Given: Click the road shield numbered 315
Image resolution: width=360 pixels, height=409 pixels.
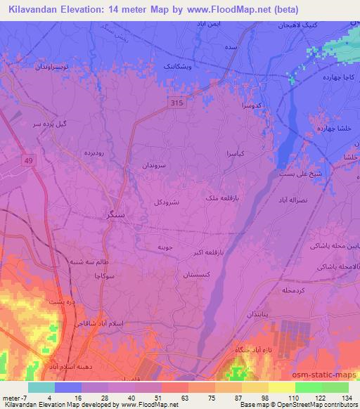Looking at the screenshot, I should pyautogui.click(x=178, y=103).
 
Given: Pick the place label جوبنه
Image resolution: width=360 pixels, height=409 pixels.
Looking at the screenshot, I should pyautogui.click(x=165, y=247).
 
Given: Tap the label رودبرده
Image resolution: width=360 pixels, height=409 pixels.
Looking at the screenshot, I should pyautogui.click(x=94, y=152).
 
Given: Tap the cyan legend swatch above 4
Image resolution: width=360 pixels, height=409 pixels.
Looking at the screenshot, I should pyautogui.click(x=41, y=387).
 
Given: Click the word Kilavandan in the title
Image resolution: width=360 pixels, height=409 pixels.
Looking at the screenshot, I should pyautogui.click(x=34, y=10).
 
